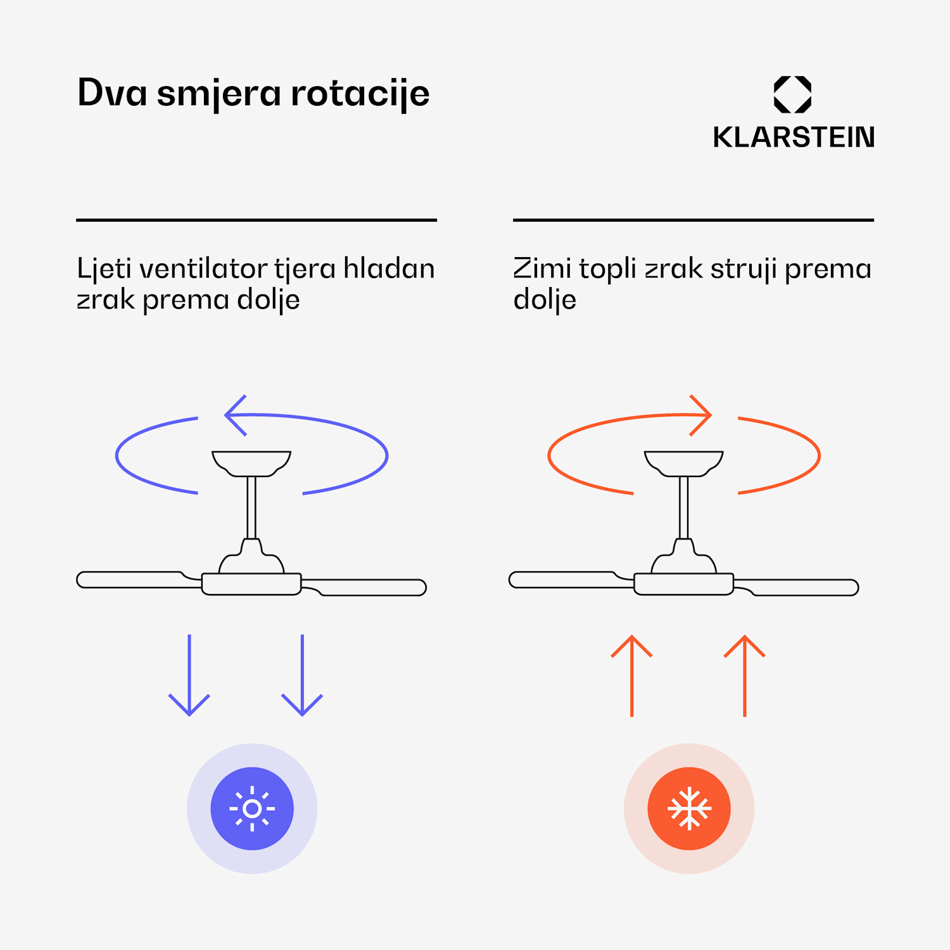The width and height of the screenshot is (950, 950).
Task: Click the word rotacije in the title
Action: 360,94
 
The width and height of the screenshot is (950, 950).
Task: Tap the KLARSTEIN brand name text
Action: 794,137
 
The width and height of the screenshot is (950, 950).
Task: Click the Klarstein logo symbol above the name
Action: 792,94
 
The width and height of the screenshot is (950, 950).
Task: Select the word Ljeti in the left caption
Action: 104,269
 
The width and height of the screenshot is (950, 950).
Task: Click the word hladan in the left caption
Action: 389,269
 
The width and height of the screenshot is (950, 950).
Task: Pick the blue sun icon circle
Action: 252,809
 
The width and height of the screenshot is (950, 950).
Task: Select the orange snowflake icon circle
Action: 689,809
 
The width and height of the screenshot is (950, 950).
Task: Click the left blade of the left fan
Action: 130,579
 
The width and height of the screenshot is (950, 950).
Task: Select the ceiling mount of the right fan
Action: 683,462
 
